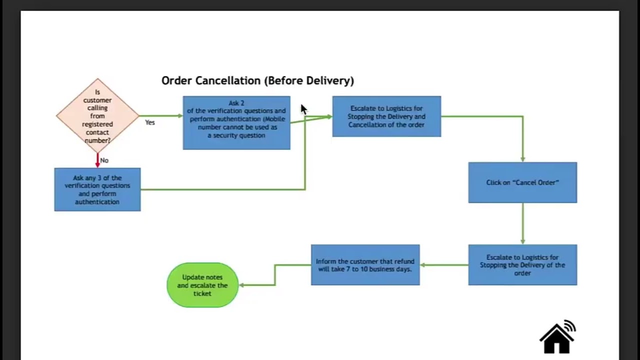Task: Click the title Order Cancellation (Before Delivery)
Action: (257, 80)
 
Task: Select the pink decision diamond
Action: (97, 115)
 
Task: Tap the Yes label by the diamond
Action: (150, 122)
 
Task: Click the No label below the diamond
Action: (104, 160)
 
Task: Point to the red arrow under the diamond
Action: (97, 160)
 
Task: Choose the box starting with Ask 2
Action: (236, 122)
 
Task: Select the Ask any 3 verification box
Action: (97, 189)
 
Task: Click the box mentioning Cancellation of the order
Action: (386, 116)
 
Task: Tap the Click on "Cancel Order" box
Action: (522, 182)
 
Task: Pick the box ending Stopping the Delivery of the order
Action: (522, 265)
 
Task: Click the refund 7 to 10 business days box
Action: (365, 265)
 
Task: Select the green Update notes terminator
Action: (202, 285)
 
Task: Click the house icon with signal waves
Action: (557, 337)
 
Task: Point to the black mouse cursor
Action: (303, 109)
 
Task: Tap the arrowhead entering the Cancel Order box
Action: (522, 159)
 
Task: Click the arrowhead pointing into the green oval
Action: (242, 285)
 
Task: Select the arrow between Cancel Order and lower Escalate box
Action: (522, 223)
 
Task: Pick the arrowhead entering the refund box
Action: (423, 265)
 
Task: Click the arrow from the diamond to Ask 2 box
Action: (161, 116)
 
